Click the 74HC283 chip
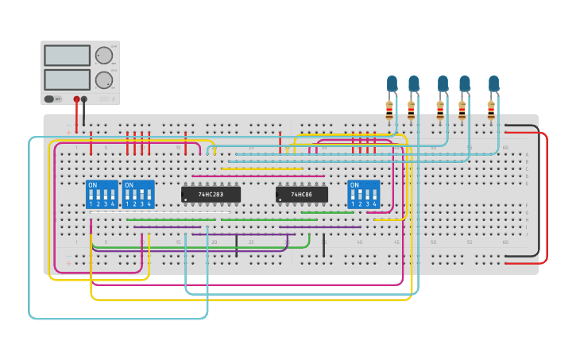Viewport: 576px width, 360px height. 211,194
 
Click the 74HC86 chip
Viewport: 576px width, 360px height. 301,194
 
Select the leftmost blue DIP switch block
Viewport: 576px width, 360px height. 102,194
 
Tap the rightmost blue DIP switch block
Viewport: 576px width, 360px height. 363,194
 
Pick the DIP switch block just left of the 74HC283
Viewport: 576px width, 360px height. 138,194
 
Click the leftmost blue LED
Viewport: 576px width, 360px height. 392,83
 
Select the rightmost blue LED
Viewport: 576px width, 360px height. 493,83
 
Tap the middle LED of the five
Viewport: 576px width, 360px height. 443,83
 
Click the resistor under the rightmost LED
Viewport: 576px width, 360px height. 491,110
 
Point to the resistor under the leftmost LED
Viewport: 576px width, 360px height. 389,110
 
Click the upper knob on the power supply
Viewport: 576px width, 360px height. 104,56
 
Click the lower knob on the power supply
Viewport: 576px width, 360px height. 104,79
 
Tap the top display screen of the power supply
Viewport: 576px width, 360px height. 68,56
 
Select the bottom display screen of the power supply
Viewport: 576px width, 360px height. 68,79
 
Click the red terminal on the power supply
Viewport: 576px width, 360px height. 77,99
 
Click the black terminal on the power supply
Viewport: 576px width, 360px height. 84,99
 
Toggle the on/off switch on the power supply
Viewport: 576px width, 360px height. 50,99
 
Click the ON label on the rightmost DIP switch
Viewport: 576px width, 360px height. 354,184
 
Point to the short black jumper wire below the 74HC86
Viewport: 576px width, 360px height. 323,246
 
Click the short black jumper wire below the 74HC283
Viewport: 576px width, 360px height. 236,246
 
